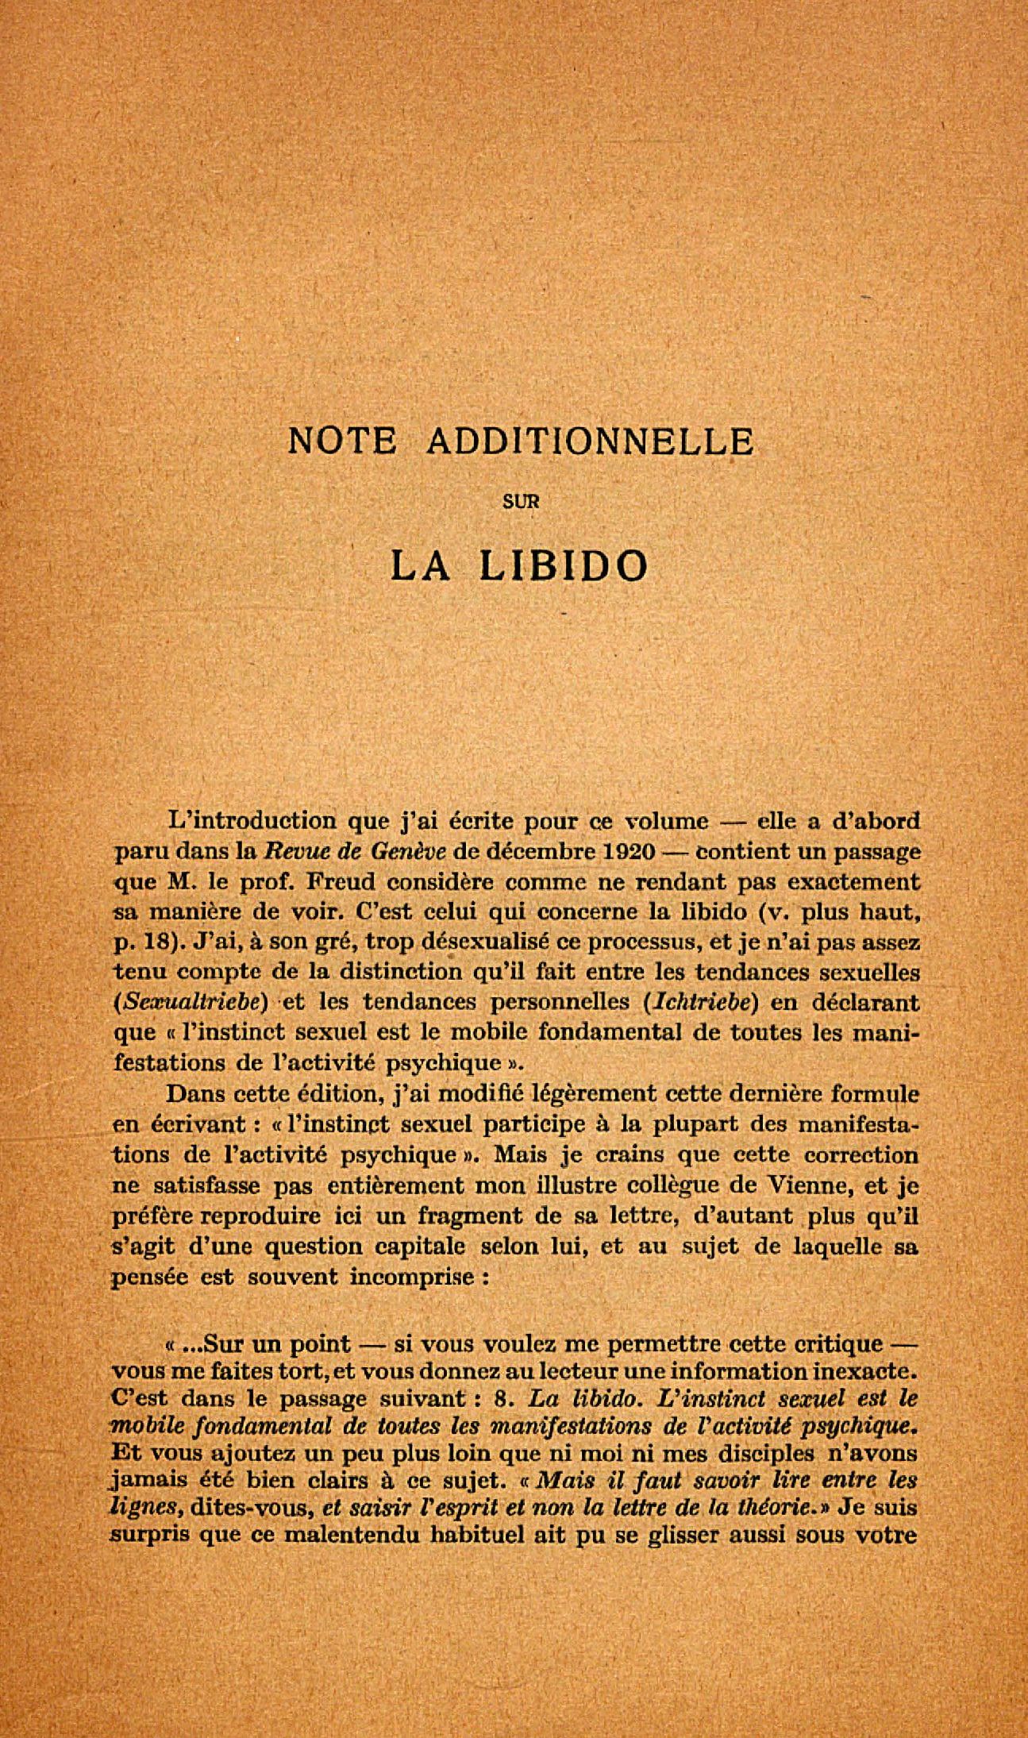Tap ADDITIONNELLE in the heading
tap(590, 441)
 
